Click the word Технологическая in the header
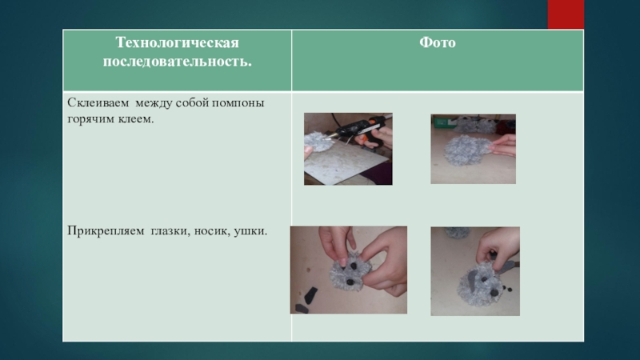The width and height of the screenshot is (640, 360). pos(177,43)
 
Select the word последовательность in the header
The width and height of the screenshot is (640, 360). pos(175,62)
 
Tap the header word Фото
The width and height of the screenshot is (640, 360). pos(437,42)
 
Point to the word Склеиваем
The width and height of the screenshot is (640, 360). pos(98,102)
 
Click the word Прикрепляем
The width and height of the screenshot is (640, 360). pos(106,231)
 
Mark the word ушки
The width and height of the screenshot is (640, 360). pos(250,231)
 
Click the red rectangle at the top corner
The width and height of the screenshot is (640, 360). pos(566,14)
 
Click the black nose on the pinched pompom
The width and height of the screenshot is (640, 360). pos(350,282)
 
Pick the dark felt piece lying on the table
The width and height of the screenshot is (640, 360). pos(310,294)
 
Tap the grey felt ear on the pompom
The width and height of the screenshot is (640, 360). pos(471,282)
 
